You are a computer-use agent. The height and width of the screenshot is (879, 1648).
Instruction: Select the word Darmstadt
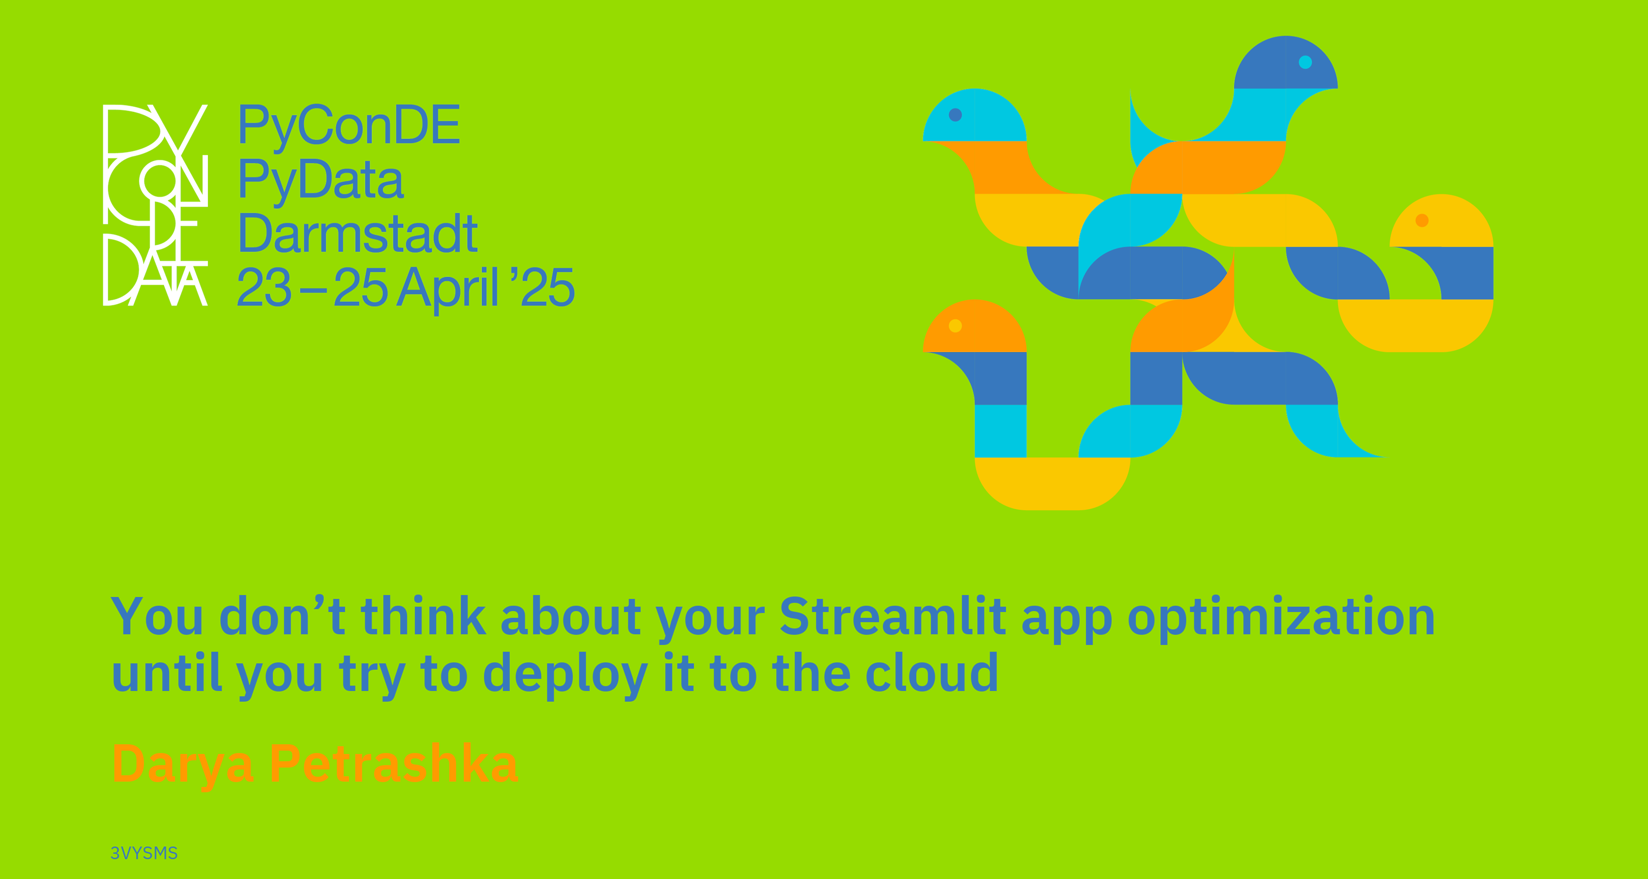pyautogui.click(x=358, y=234)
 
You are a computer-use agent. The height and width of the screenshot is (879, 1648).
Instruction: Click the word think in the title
pyautogui.click(x=423, y=616)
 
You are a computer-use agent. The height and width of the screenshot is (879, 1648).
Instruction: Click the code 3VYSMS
pyautogui.click(x=144, y=853)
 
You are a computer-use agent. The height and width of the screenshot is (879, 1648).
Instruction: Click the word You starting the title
pyautogui.click(x=157, y=616)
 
